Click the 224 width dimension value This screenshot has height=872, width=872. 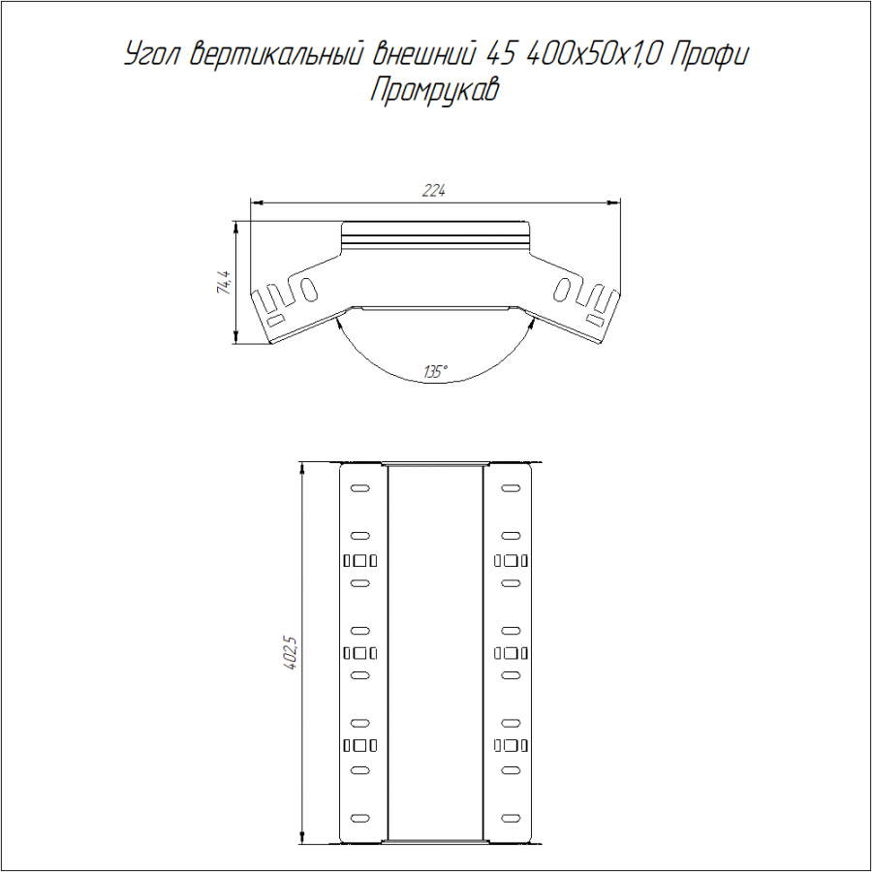(434, 191)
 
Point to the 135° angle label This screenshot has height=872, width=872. (436, 371)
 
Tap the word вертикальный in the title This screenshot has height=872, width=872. (277, 54)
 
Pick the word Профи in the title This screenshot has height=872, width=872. (709, 55)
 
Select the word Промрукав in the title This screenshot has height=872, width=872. (434, 91)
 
